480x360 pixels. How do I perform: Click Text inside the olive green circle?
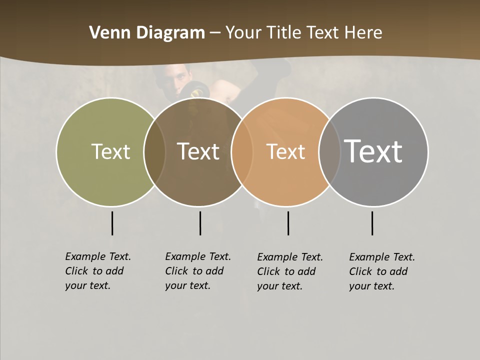(110, 151)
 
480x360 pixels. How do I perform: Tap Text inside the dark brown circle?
(198, 151)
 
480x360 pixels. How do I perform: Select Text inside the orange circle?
(285, 151)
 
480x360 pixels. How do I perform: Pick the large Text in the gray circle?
(373, 151)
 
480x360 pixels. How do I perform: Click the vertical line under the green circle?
(112, 223)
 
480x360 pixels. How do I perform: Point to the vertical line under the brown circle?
(200, 223)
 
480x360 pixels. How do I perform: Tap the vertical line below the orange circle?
(288, 223)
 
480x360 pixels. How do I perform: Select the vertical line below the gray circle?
(372, 223)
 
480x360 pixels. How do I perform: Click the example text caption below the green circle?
(98, 271)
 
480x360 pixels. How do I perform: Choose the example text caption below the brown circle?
(198, 271)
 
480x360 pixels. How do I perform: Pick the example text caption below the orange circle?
(290, 271)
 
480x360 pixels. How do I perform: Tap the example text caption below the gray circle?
(382, 271)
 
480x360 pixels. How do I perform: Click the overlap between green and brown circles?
(154, 151)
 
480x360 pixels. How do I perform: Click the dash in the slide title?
(215, 33)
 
